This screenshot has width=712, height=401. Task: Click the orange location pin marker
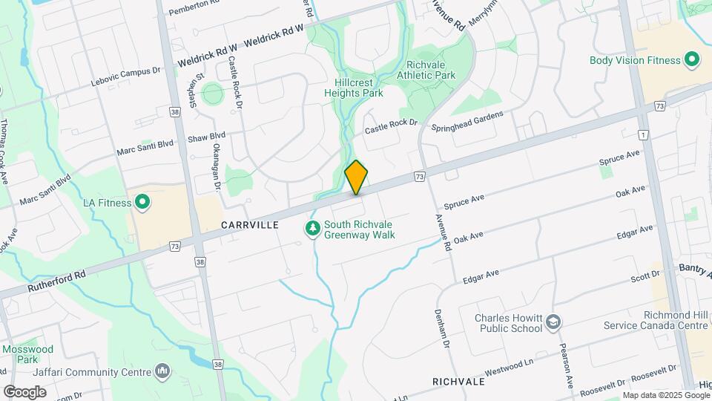point(357,177)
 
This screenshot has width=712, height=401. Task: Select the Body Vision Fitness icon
point(693,59)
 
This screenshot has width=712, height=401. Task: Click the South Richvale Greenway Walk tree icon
point(313,229)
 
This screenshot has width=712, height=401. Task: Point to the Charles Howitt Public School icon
point(553,322)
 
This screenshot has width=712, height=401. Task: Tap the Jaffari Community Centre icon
point(163,371)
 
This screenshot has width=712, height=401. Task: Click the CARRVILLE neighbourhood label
point(249,224)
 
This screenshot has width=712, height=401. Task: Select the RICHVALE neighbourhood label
point(458,382)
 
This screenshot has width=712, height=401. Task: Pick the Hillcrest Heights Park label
point(353,88)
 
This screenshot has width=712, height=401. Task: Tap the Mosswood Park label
point(28,353)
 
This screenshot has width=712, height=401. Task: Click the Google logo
point(24,392)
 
